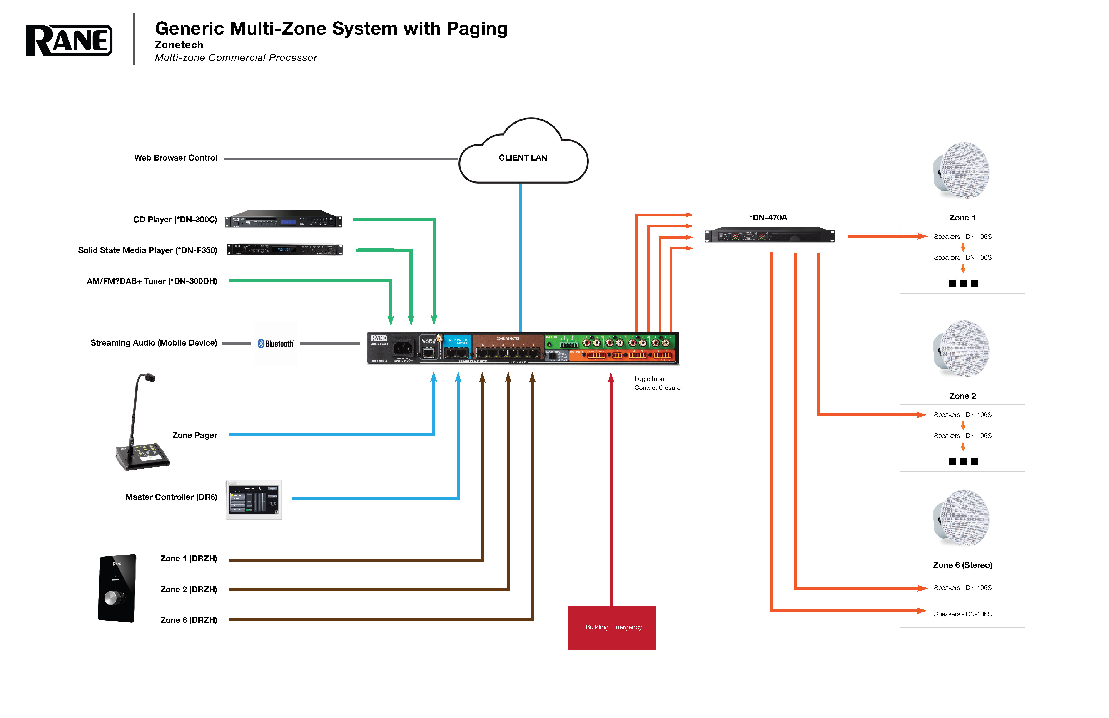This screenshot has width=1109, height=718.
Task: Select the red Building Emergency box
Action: click(611, 627)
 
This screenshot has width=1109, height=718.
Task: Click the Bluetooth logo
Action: click(276, 344)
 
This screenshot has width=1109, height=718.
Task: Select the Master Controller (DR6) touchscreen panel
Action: click(254, 500)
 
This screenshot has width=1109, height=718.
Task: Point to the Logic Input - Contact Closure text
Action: click(657, 383)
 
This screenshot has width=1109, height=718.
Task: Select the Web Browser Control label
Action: click(176, 158)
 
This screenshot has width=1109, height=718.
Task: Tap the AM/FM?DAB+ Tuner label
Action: click(152, 281)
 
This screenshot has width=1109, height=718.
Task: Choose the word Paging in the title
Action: click(477, 29)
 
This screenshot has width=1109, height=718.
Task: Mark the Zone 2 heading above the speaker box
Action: click(962, 396)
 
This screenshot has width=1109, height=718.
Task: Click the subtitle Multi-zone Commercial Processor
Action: click(236, 58)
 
